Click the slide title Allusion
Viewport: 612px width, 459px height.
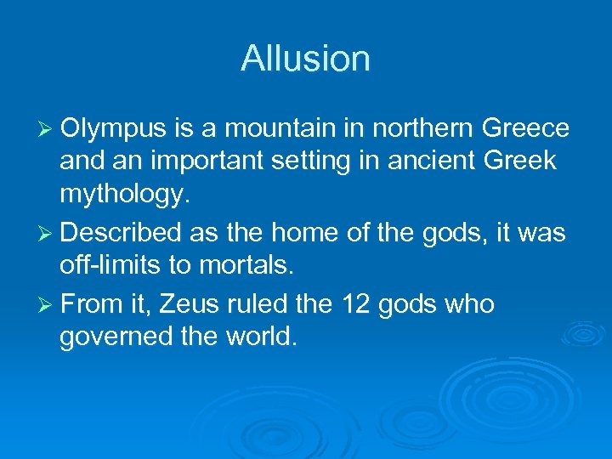click(305, 59)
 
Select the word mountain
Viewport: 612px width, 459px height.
click(268, 129)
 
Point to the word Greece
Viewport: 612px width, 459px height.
click(524, 129)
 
